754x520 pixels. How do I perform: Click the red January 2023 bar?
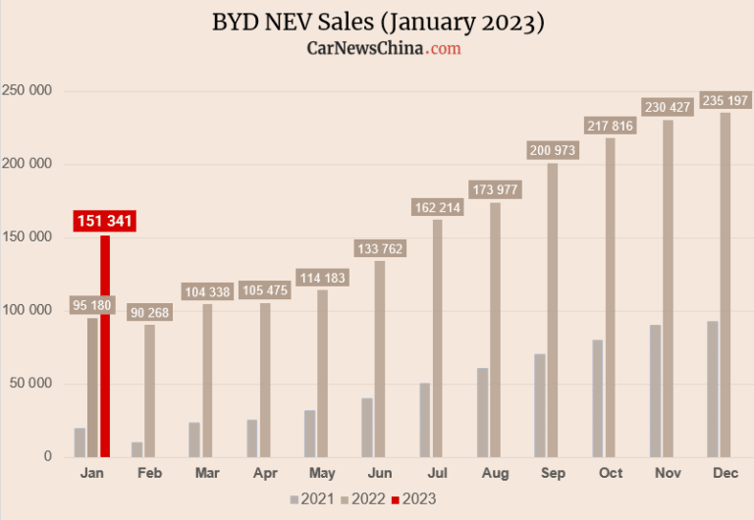[105, 345]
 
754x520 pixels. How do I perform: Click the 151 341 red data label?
[105, 221]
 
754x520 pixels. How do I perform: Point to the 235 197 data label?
[726, 100]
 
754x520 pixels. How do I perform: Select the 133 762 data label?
[379, 248]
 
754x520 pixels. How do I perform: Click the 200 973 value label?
[553, 150]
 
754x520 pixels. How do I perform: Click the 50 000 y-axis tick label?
[36, 384]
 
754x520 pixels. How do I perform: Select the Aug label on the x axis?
[496, 474]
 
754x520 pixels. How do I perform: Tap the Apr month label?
[265, 474]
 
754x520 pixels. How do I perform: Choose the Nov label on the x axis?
[668, 474]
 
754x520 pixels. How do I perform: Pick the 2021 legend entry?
[315, 499]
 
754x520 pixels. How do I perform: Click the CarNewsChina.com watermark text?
[384, 47]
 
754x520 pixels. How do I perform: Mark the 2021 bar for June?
[366, 427]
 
